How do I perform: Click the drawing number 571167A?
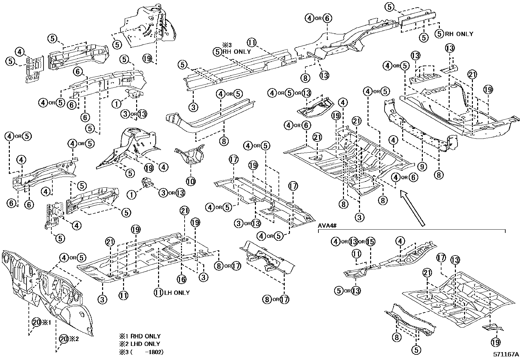pyautogui.click(x=506, y=354)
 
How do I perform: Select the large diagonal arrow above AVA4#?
pyautogui.click(x=413, y=208)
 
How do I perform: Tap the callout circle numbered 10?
pyautogui.click(x=191, y=180)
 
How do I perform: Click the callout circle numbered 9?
pyautogui.click(x=422, y=167)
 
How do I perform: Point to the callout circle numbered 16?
pyautogui.click(x=182, y=279)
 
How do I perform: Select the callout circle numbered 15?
pyautogui.click(x=370, y=241)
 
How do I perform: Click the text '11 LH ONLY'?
pyautogui.click(x=173, y=293)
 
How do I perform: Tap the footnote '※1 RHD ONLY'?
pyautogui.click(x=140, y=336)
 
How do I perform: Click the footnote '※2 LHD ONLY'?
pyautogui.click(x=140, y=344)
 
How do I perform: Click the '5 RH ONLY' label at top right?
pyautogui.click(x=455, y=33)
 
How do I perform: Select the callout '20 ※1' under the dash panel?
pyautogui.click(x=40, y=322)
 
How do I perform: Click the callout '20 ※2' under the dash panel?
pyautogui.click(x=69, y=339)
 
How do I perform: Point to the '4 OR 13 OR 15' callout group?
pyautogui.click(x=352, y=241)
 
